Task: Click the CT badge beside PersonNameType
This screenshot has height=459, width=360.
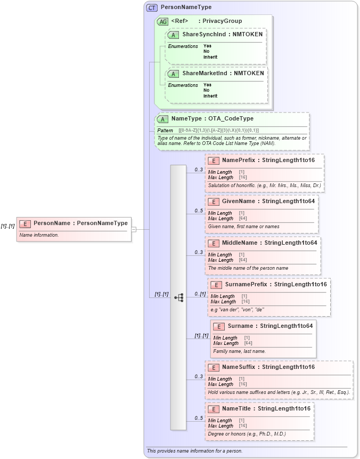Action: pyautogui.click(x=152, y=7)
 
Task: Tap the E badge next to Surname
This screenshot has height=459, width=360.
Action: pyautogui.click(x=218, y=326)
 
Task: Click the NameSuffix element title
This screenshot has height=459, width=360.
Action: pyautogui.click(x=268, y=367)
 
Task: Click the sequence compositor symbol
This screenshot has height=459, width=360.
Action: pyautogui.click(x=179, y=297)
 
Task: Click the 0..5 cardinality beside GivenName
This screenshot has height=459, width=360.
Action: pyautogui.click(x=199, y=211)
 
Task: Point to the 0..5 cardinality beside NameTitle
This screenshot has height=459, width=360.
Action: pyautogui.click(x=199, y=418)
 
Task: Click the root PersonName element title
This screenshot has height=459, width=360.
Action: pyautogui.click(x=80, y=223)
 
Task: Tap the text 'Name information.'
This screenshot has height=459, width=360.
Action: pyautogui.click(x=39, y=235)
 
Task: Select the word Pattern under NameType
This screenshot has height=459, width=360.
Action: pyautogui.click(x=165, y=130)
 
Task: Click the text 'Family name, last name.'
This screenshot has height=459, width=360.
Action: pyautogui.click(x=239, y=351)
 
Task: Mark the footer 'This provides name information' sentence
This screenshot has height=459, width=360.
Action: pyautogui.click(x=194, y=451)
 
